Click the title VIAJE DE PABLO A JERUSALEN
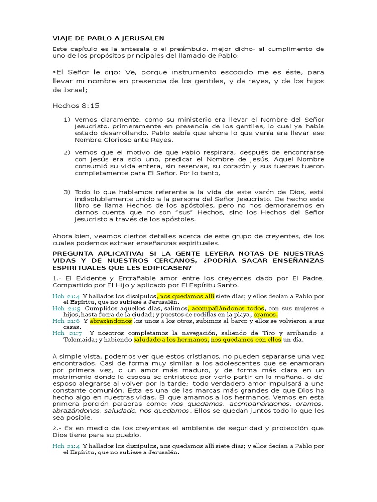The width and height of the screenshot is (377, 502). [108, 38]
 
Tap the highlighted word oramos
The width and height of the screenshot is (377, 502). [265, 315]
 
